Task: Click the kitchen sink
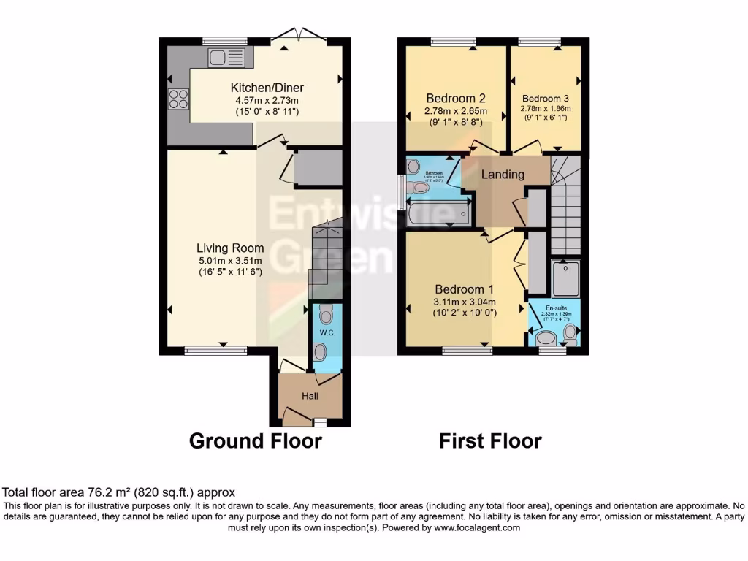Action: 220,57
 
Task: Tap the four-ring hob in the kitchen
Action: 178,99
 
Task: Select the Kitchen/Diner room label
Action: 265,85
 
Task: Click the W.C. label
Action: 326,333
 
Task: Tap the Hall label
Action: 310,395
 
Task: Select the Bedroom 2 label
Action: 456,98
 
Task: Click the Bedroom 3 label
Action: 545,98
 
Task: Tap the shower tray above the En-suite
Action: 565,278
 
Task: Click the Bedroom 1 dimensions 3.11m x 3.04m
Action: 465,302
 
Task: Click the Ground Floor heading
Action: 255,441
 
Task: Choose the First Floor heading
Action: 490,441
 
